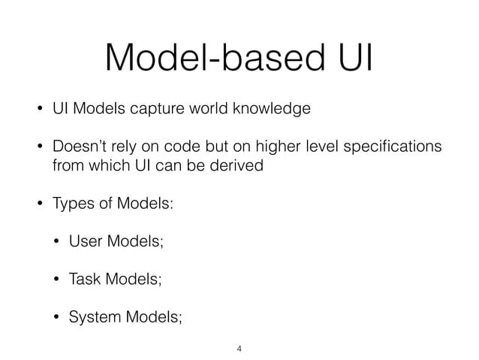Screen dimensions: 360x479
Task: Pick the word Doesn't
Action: pos(79,146)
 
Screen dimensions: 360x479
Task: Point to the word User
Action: pos(85,241)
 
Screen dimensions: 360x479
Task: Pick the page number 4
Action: pos(239,349)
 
